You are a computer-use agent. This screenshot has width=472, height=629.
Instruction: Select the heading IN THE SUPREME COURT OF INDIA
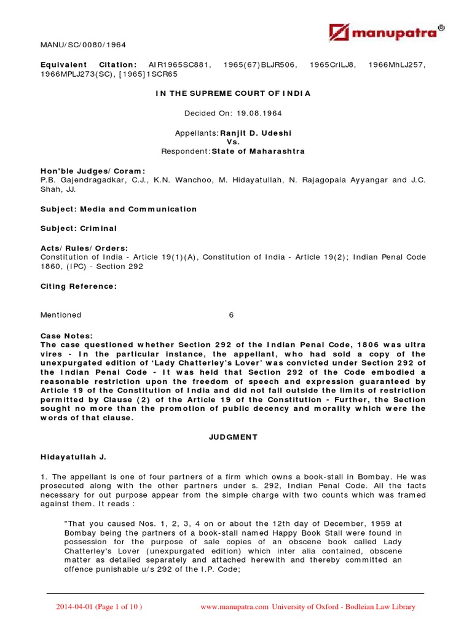tap(232, 93)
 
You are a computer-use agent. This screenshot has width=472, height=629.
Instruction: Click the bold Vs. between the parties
tap(232, 142)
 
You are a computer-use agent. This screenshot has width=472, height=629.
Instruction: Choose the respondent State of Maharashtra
tap(258, 151)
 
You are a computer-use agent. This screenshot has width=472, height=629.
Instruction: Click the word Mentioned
tap(61, 315)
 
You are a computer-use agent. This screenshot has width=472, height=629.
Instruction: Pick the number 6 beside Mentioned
tap(231, 315)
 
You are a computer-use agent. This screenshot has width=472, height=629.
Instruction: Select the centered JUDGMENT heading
tap(232, 437)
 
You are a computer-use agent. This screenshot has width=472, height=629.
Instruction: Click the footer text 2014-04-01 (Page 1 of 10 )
tap(99, 607)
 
